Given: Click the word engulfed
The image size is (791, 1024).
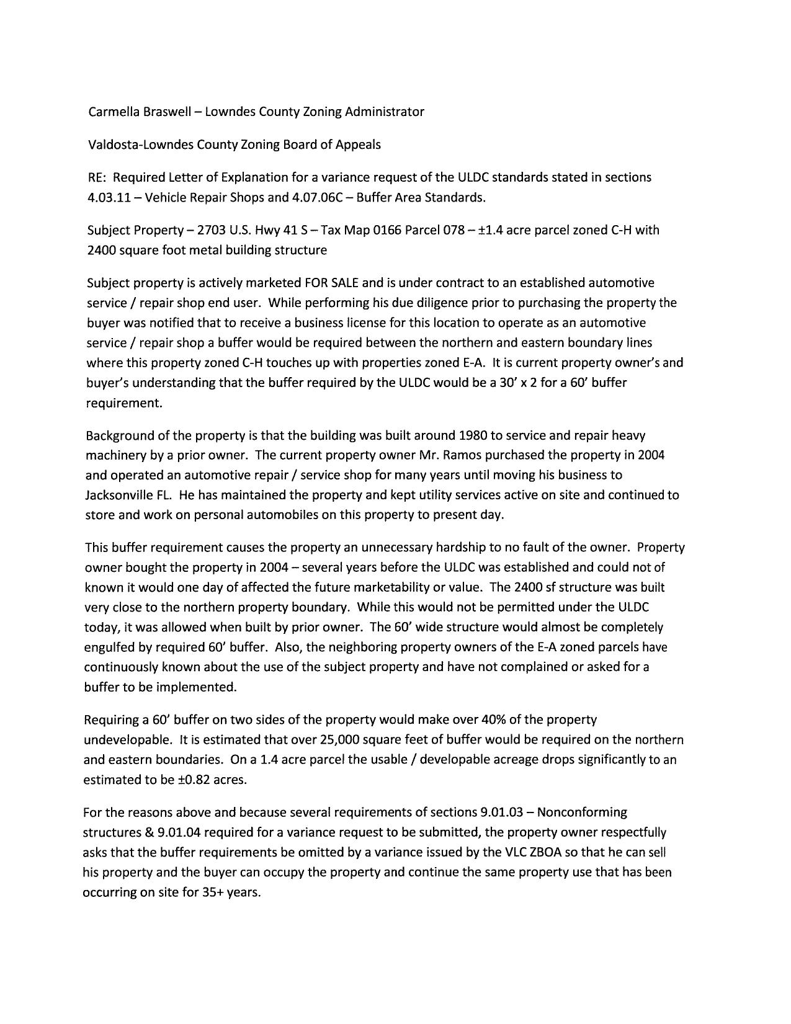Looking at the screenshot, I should click(109, 647).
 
